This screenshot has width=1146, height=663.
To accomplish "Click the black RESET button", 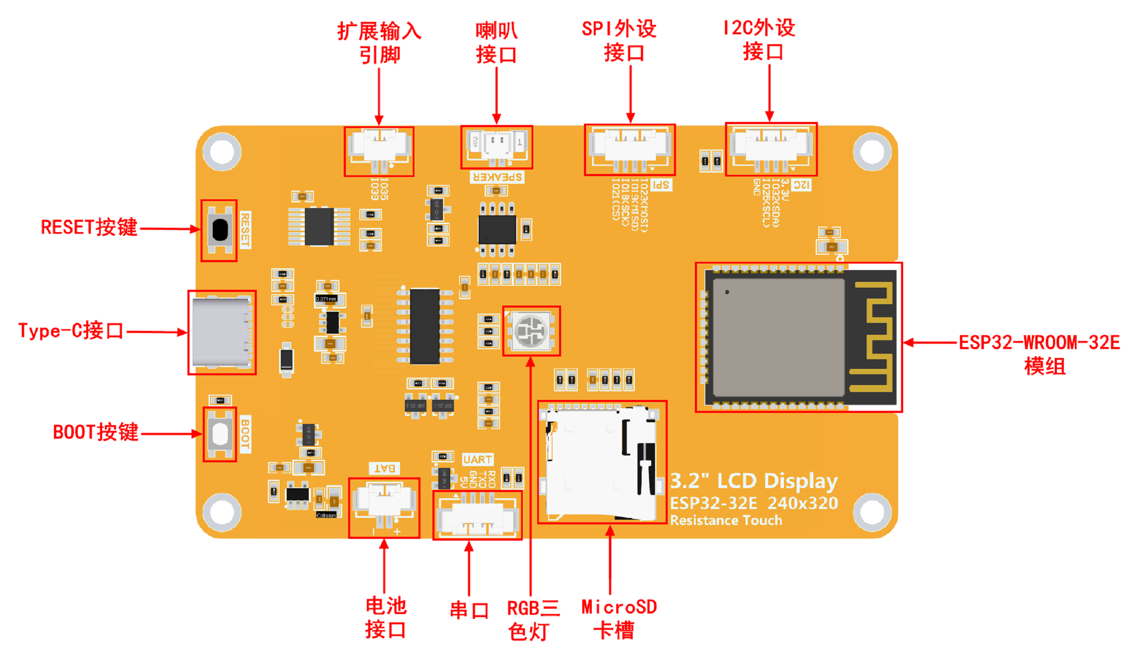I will (x=220, y=230).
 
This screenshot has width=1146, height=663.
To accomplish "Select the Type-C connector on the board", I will (x=221, y=332).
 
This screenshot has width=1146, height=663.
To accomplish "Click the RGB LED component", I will (x=531, y=331).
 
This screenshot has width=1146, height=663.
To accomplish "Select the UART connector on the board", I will (x=477, y=517).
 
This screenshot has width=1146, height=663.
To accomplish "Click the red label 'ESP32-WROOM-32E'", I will (x=1039, y=343).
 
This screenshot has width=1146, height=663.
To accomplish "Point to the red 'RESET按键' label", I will (x=89, y=228).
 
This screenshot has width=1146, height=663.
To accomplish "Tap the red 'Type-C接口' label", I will (x=70, y=331).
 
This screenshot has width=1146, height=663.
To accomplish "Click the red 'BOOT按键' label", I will (x=96, y=432).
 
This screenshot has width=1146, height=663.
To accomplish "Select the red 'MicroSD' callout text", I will (x=619, y=607).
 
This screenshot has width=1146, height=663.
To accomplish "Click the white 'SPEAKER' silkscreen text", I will (x=497, y=177).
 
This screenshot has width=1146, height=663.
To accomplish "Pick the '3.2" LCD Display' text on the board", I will (x=753, y=481).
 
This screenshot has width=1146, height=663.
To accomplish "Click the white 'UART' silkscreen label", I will (x=477, y=460).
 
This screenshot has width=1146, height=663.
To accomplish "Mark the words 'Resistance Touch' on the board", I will (x=726, y=520).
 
